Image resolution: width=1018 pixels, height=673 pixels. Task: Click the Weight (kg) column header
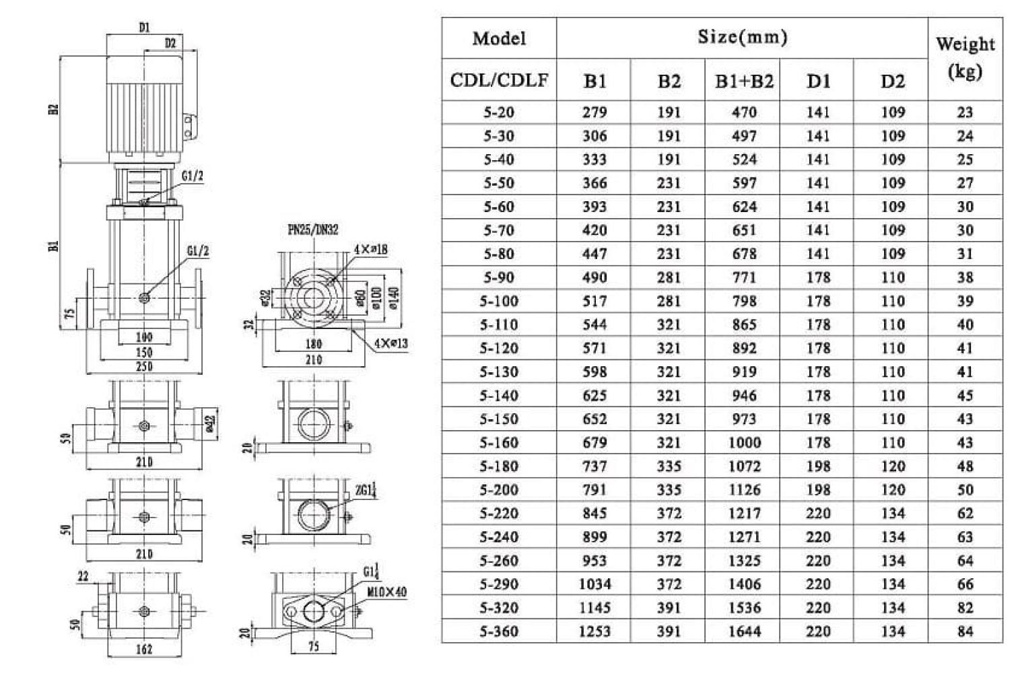click(x=965, y=58)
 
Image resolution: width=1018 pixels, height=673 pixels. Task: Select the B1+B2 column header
click(x=744, y=81)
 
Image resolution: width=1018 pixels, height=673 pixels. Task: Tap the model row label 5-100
click(x=499, y=301)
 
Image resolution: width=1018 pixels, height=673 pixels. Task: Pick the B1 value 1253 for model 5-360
click(x=594, y=631)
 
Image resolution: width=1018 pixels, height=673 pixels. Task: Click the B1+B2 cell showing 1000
click(x=744, y=443)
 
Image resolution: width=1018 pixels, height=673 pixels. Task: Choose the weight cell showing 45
click(x=965, y=396)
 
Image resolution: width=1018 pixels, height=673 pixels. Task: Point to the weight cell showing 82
click(x=965, y=608)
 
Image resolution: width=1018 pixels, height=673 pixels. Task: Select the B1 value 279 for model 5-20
click(x=594, y=112)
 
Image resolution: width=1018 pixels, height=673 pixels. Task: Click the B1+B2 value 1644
click(x=744, y=631)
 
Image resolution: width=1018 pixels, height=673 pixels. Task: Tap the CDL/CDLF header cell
click(x=499, y=81)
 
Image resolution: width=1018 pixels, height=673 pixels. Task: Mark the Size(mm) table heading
click(x=742, y=37)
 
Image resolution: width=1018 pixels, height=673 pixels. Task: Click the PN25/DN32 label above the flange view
click(x=313, y=230)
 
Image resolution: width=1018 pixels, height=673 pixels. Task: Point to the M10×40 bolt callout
click(x=387, y=593)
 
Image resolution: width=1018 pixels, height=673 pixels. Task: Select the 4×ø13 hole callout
click(x=391, y=344)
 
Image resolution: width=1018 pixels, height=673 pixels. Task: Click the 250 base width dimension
click(x=145, y=367)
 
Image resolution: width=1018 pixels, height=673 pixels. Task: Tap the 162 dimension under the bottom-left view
click(x=144, y=649)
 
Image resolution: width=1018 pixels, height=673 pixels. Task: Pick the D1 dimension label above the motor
click(x=144, y=28)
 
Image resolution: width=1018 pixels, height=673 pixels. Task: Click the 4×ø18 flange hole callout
click(x=370, y=250)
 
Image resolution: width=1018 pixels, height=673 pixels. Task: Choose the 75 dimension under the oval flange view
click(x=313, y=647)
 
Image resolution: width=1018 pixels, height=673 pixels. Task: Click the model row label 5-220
click(x=499, y=513)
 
